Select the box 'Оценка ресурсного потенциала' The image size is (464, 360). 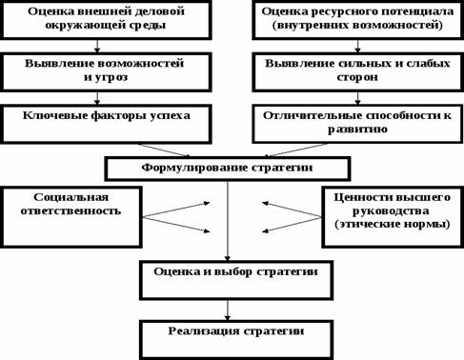point(357,20)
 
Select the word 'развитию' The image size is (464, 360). point(357,129)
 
